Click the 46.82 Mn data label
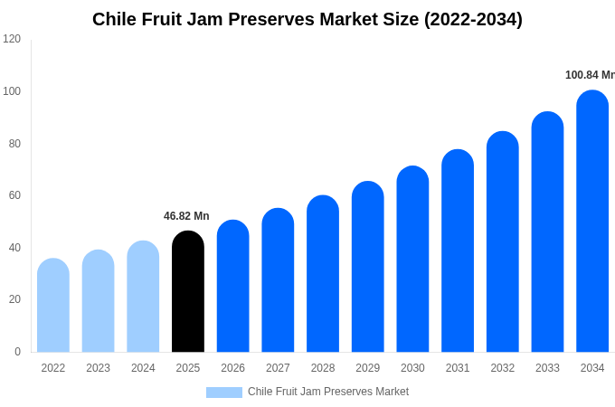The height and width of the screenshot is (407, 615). (186, 216)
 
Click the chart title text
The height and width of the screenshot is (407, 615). (307, 19)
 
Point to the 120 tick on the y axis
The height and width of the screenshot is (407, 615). (12, 39)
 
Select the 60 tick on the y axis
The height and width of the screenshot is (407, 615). (14, 195)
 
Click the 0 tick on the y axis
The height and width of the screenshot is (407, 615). (17, 352)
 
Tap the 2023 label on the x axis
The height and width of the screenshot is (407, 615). (98, 368)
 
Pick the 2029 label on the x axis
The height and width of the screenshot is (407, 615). (367, 368)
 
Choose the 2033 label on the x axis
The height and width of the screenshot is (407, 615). (547, 368)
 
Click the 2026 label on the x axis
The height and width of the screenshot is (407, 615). (232, 368)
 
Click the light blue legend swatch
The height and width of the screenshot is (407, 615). (223, 393)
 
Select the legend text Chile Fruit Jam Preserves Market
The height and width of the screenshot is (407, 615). (328, 392)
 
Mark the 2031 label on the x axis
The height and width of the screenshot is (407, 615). (458, 368)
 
